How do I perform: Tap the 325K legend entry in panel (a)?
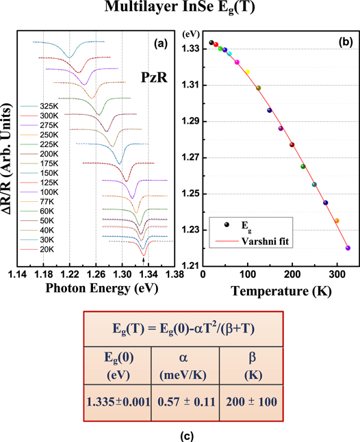42,107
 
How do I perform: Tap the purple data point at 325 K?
348,248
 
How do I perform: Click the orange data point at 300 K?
337,220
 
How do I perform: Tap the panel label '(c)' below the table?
179,432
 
